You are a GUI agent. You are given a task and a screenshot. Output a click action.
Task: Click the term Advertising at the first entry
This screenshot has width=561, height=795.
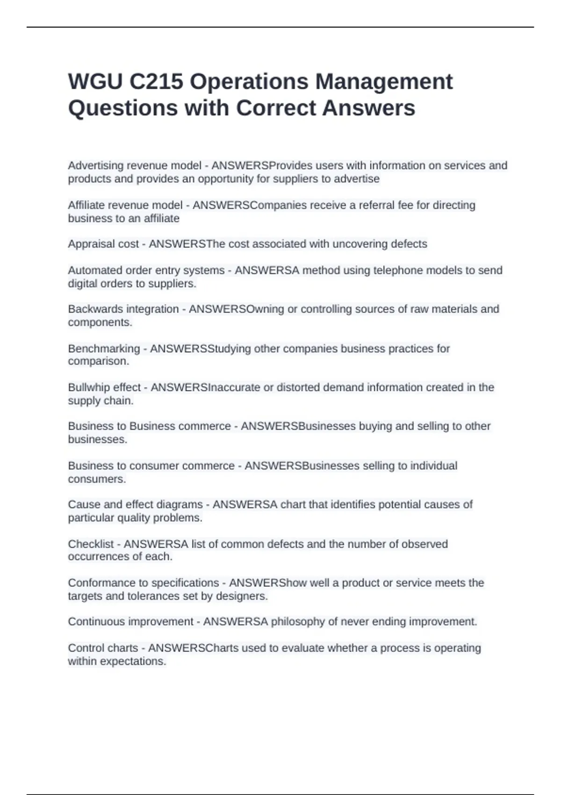(x=95, y=166)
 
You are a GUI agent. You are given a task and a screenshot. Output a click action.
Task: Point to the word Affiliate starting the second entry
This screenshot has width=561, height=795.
(x=86, y=205)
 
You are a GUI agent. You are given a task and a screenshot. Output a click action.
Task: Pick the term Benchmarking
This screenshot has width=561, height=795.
(x=104, y=348)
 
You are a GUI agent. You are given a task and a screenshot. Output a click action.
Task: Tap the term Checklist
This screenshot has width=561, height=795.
(x=91, y=544)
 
